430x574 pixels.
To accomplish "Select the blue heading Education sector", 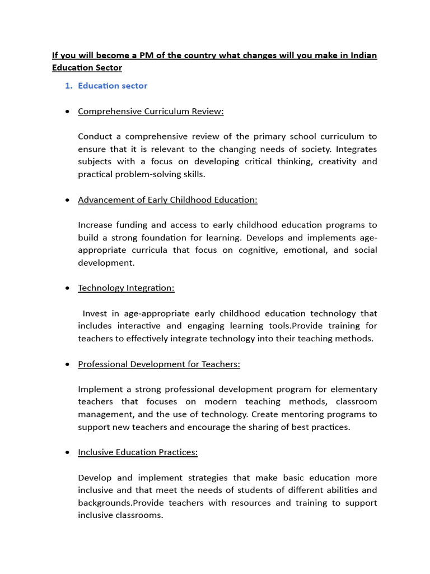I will [x=113, y=86].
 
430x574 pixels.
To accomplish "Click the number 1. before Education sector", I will [x=69, y=86].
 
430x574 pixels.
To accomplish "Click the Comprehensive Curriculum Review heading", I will [x=151, y=111].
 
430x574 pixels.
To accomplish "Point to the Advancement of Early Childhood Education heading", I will [x=167, y=200].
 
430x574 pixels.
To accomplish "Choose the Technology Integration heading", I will [x=126, y=288].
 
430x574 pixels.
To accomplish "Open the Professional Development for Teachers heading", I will [x=159, y=364].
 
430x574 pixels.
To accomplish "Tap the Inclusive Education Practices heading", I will [x=138, y=452].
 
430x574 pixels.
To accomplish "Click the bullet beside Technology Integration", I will [x=67, y=288].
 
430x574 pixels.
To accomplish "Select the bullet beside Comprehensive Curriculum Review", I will [x=67, y=112].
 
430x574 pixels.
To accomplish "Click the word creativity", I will [x=334, y=161].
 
